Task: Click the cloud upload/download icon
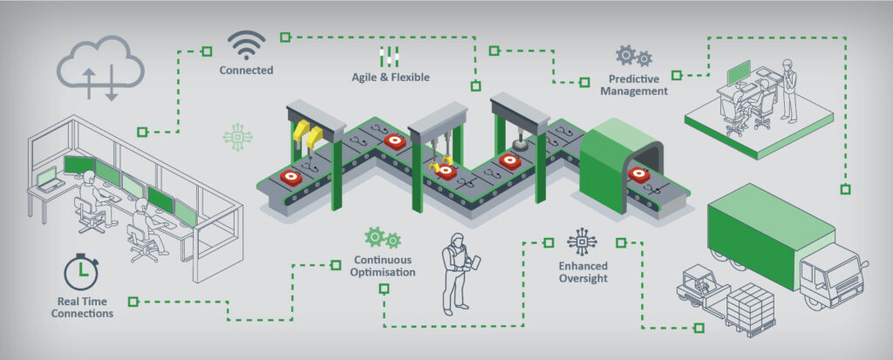(99, 69)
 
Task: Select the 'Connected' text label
(246, 70)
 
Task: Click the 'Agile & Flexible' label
(390, 77)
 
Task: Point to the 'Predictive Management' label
(638, 84)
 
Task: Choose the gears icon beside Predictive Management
(633, 56)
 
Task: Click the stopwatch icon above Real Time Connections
(80, 272)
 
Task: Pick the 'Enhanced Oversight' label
(583, 272)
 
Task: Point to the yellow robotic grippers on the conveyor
(307, 134)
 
